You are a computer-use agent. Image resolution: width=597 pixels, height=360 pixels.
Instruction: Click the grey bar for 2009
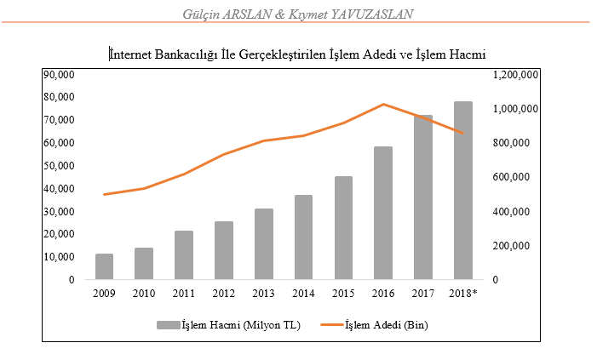[x=104, y=266]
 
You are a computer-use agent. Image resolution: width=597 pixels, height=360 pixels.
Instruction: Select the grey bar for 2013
[x=264, y=244]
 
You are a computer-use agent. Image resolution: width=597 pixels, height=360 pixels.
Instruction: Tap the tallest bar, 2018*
[x=463, y=191]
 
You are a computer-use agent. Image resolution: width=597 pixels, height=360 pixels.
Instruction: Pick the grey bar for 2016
[x=383, y=213]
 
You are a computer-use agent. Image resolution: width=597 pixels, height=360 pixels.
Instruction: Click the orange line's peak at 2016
[x=383, y=104]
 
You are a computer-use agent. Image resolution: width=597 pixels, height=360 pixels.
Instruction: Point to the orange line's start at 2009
[x=104, y=194]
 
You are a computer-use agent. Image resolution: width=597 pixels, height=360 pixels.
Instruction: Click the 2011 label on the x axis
[x=183, y=294]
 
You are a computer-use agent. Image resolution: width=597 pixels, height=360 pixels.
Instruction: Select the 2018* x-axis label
[x=463, y=294]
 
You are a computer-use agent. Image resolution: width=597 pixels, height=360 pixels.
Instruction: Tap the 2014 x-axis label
[x=303, y=294]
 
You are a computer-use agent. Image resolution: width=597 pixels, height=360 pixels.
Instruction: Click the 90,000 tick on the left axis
[x=59, y=75]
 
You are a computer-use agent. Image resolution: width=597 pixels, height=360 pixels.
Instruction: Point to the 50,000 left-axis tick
[x=59, y=166]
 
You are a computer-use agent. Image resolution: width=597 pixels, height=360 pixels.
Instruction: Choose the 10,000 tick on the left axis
[x=59, y=257]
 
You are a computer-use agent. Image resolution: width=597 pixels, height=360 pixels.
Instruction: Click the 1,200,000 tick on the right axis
[x=515, y=75]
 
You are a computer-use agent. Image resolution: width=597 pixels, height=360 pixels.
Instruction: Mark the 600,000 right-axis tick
[x=511, y=177]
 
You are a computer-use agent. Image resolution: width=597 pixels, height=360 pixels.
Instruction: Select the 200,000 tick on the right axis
[x=511, y=246]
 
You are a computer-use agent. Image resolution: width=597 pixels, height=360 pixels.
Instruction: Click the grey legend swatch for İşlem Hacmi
[x=169, y=325]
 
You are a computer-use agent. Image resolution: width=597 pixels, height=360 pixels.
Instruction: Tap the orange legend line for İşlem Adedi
[x=332, y=325]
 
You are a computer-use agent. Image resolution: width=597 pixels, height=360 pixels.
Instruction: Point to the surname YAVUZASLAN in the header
[x=372, y=14]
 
